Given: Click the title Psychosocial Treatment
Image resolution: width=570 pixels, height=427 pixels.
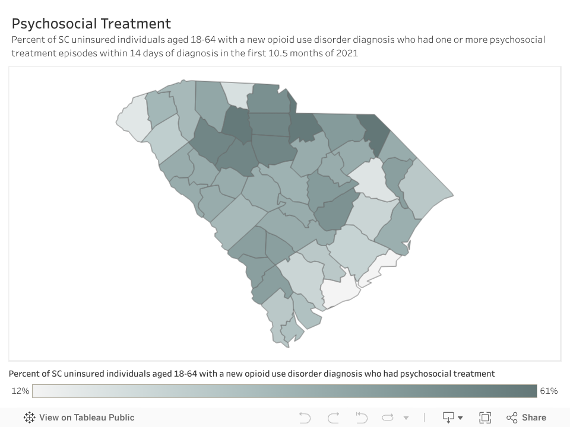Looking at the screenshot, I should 91,24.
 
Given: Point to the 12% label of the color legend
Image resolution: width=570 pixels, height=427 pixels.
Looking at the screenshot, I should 20,391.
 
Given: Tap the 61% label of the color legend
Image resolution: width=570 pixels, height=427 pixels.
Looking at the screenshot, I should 548,391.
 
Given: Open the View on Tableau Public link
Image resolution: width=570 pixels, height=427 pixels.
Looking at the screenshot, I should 87,418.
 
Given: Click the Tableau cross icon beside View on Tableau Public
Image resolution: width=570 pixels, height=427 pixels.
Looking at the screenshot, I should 30,418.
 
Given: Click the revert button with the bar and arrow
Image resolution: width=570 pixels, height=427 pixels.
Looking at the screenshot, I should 362,418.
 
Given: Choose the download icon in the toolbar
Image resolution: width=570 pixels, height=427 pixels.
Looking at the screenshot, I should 448,418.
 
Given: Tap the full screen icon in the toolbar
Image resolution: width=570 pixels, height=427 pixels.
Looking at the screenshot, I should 485,418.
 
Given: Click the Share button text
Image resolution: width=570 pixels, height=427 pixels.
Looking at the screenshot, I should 534,418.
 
